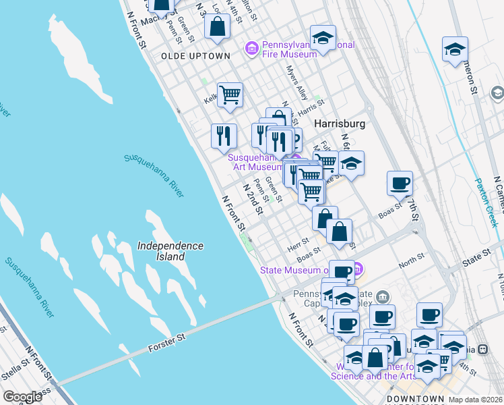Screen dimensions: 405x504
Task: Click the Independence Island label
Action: click(x=170, y=251)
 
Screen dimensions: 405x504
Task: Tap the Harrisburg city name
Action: click(x=340, y=124)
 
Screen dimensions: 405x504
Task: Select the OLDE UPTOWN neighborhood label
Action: click(x=195, y=56)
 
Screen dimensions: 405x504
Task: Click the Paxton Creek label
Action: click(x=486, y=202)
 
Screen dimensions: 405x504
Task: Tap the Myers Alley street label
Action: click(x=296, y=81)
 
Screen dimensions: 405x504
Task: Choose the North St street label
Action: click(x=412, y=261)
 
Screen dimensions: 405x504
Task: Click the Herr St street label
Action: click(x=297, y=241)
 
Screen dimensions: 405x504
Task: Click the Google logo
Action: click(x=22, y=397)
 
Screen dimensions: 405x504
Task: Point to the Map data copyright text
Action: click(x=475, y=400)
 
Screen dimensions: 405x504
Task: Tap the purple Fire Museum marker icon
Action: click(x=252, y=48)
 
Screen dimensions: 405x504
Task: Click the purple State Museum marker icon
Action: click(x=358, y=270)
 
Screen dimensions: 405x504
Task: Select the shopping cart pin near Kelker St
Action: click(x=230, y=94)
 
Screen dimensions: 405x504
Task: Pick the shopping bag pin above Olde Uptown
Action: click(x=218, y=27)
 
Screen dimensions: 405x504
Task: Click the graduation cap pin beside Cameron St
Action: click(x=455, y=49)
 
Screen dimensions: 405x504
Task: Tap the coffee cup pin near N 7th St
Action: click(x=400, y=182)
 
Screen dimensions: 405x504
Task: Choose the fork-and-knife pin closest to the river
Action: click(x=224, y=134)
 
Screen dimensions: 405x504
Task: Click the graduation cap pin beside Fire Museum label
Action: click(x=323, y=38)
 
